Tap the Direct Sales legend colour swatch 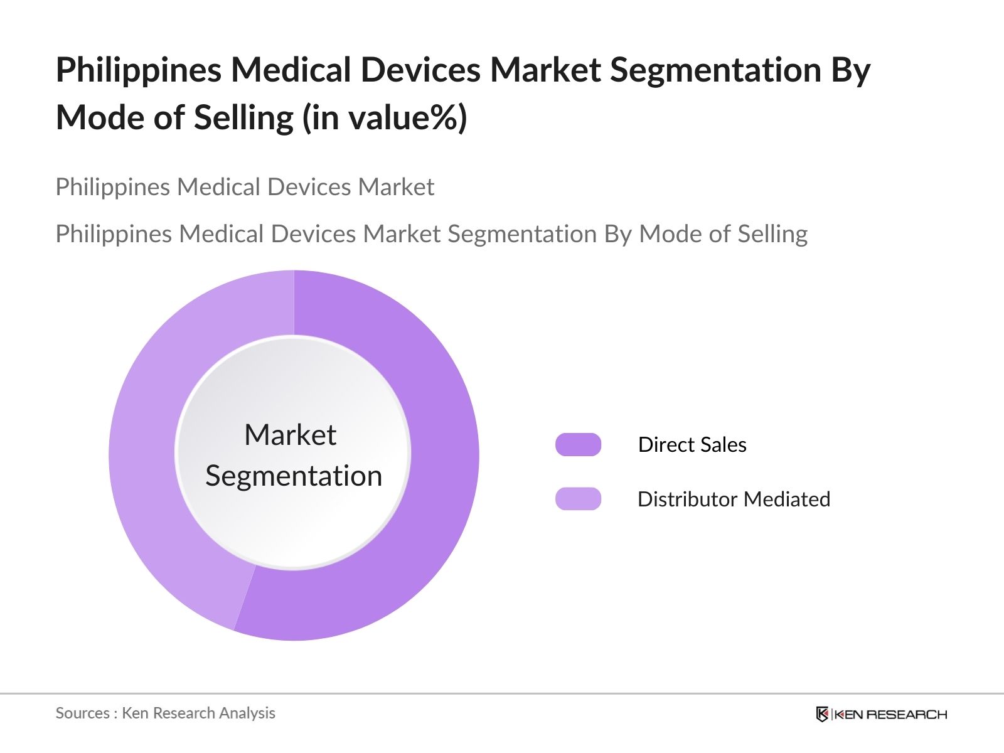tap(578, 444)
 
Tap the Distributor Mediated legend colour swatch tap(578, 499)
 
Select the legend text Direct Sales tap(692, 444)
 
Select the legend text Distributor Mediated tap(734, 499)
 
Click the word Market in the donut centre tap(290, 435)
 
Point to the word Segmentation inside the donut tap(294, 476)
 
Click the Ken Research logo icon tap(822, 714)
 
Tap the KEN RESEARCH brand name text tap(890, 714)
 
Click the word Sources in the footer tap(82, 713)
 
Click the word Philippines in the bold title tap(139, 70)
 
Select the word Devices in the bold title tap(420, 70)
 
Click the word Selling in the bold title tap(243, 117)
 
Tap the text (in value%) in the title tap(385, 117)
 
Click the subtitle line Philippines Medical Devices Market tap(245, 187)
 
